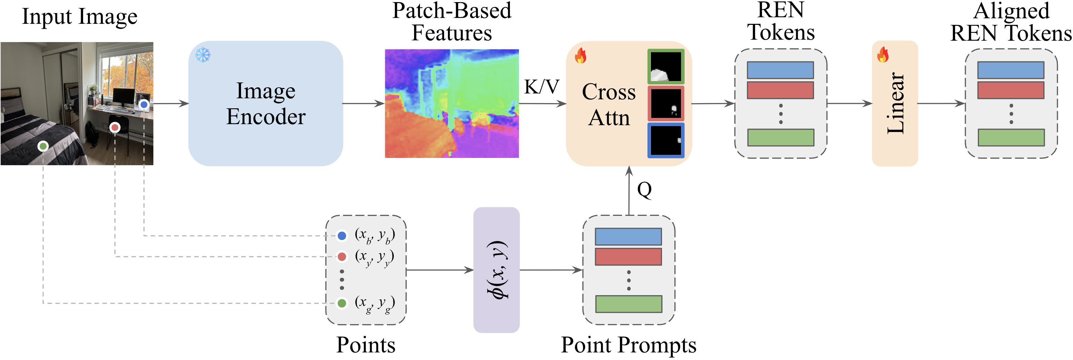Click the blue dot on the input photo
pyautogui.click(x=144, y=104)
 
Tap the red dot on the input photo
pyautogui.click(x=115, y=128)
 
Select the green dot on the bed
pyautogui.click(x=43, y=146)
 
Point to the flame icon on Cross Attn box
pyautogui.click(x=581, y=56)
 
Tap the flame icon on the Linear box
pyautogui.click(x=883, y=54)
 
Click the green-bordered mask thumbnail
pyautogui.click(x=666, y=67)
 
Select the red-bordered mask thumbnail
pyautogui.click(x=666, y=103)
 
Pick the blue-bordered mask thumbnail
pyautogui.click(x=666, y=140)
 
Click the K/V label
pyautogui.click(x=541, y=87)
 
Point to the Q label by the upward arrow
pyautogui.click(x=644, y=190)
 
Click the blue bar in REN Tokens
pyautogui.click(x=780, y=70)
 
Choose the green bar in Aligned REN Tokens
pyautogui.click(x=1011, y=138)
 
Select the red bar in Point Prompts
pyautogui.click(x=628, y=257)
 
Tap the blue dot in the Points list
pyautogui.click(x=342, y=236)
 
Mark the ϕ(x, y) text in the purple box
pyautogui.click(x=497, y=270)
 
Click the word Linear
pyautogui.click(x=895, y=103)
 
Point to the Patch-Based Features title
pyautogui.click(x=452, y=22)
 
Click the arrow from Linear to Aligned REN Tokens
pyautogui.click(x=941, y=103)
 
